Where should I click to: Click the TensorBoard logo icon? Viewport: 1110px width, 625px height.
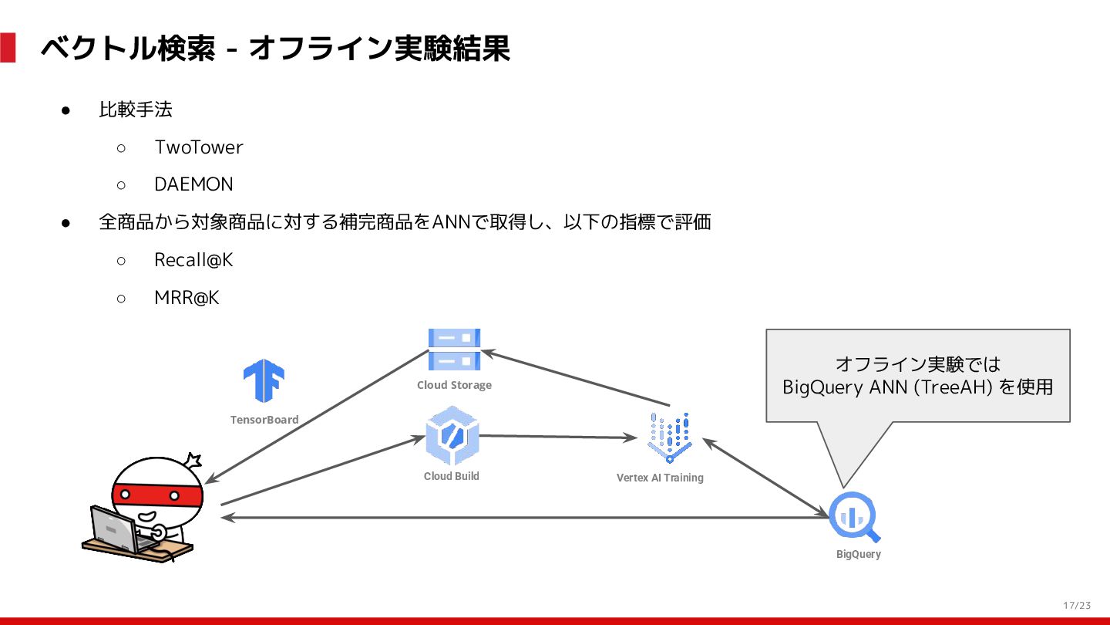click(264, 380)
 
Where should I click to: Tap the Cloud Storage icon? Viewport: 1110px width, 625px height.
click(454, 349)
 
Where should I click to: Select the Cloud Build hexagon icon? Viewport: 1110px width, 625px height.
click(452, 436)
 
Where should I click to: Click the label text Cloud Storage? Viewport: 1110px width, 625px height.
click(454, 385)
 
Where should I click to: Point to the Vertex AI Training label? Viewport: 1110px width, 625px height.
click(660, 478)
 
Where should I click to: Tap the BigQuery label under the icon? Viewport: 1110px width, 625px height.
click(858, 554)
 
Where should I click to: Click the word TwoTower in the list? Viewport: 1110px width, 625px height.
click(198, 147)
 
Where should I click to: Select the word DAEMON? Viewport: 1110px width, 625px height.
click(193, 185)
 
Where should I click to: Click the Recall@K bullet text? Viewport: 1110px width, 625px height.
click(193, 261)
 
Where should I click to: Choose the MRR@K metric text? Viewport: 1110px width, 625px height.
click(187, 298)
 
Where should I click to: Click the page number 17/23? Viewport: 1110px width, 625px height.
click(1077, 605)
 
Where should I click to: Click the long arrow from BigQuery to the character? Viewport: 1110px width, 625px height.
click(524, 518)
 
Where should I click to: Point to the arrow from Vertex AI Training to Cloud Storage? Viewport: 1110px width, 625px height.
click(574, 378)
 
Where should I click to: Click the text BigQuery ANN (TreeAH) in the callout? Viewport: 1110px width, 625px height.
click(886, 387)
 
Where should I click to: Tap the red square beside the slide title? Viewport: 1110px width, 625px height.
click(8, 48)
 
